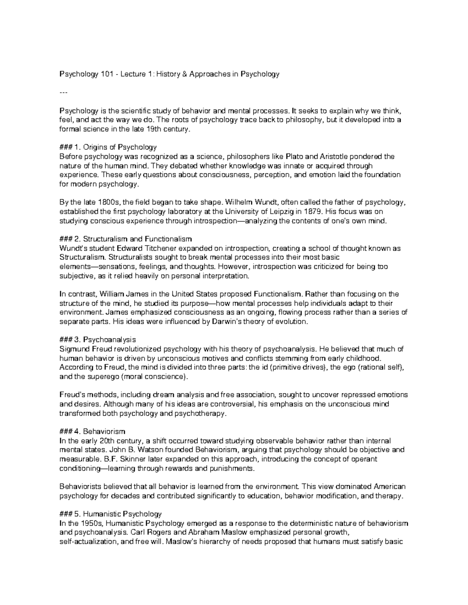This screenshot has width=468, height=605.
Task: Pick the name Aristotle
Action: coord(335,157)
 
